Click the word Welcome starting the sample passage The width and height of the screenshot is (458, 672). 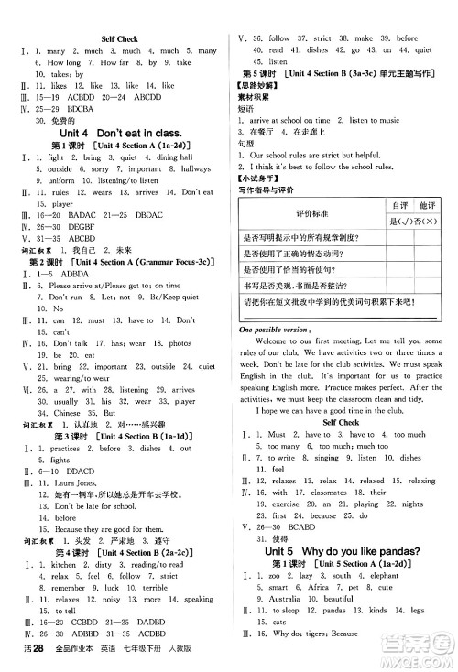pyautogui.click(x=282, y=341)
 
